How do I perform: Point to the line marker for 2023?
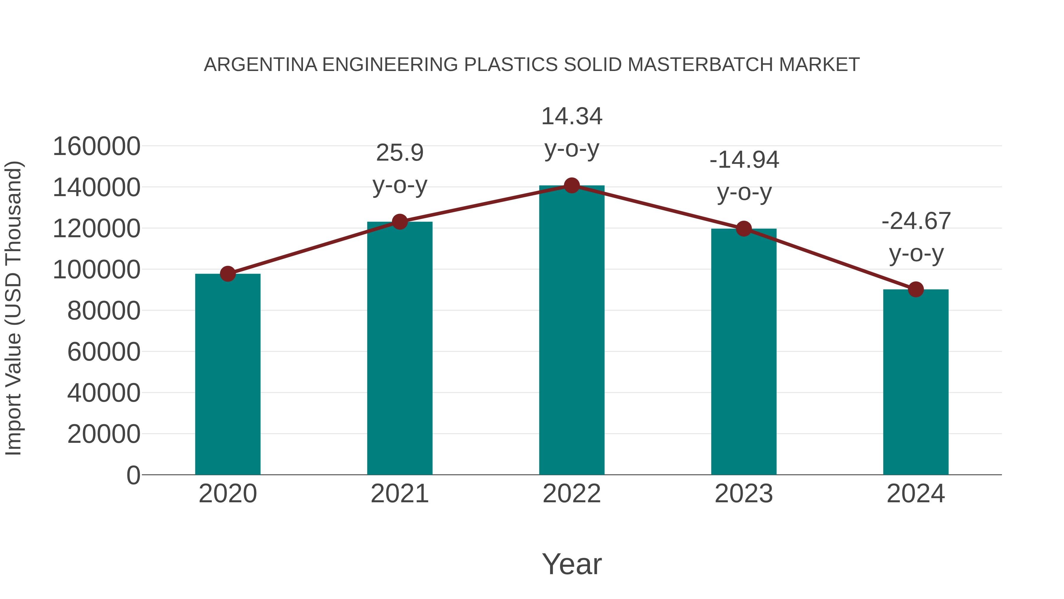[744, 229]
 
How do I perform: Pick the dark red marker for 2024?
[916, 289]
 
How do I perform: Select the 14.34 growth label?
[572, 132]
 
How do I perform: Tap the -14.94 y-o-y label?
[744, 176]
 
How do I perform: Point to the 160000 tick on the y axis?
[97, 146]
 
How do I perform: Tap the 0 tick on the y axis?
[133, 475]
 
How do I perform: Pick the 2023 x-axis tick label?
[744, 494]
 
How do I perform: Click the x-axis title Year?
[572, 564]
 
